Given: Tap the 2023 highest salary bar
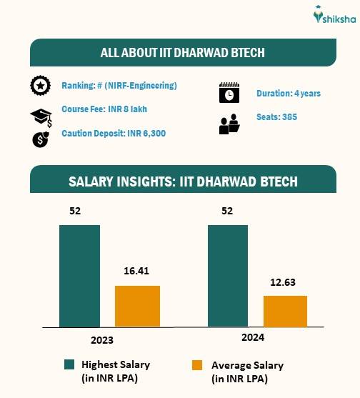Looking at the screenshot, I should (79, 276).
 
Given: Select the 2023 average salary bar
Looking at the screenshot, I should (137, 306).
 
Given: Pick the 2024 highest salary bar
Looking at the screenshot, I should (228, 276).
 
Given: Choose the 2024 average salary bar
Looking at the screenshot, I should (285, 311).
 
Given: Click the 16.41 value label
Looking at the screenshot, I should (137, 272).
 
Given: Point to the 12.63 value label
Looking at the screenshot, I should (285, 282).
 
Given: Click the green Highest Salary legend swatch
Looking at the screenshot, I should (70, 365).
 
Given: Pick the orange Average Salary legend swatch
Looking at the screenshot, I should (198, 365).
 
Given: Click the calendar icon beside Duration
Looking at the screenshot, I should (229, 94).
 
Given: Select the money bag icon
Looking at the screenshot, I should (40, 139).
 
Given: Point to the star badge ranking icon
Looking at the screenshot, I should (41, 86).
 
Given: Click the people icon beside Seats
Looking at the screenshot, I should (229, 124).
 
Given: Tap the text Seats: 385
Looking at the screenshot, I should (276, 116).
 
